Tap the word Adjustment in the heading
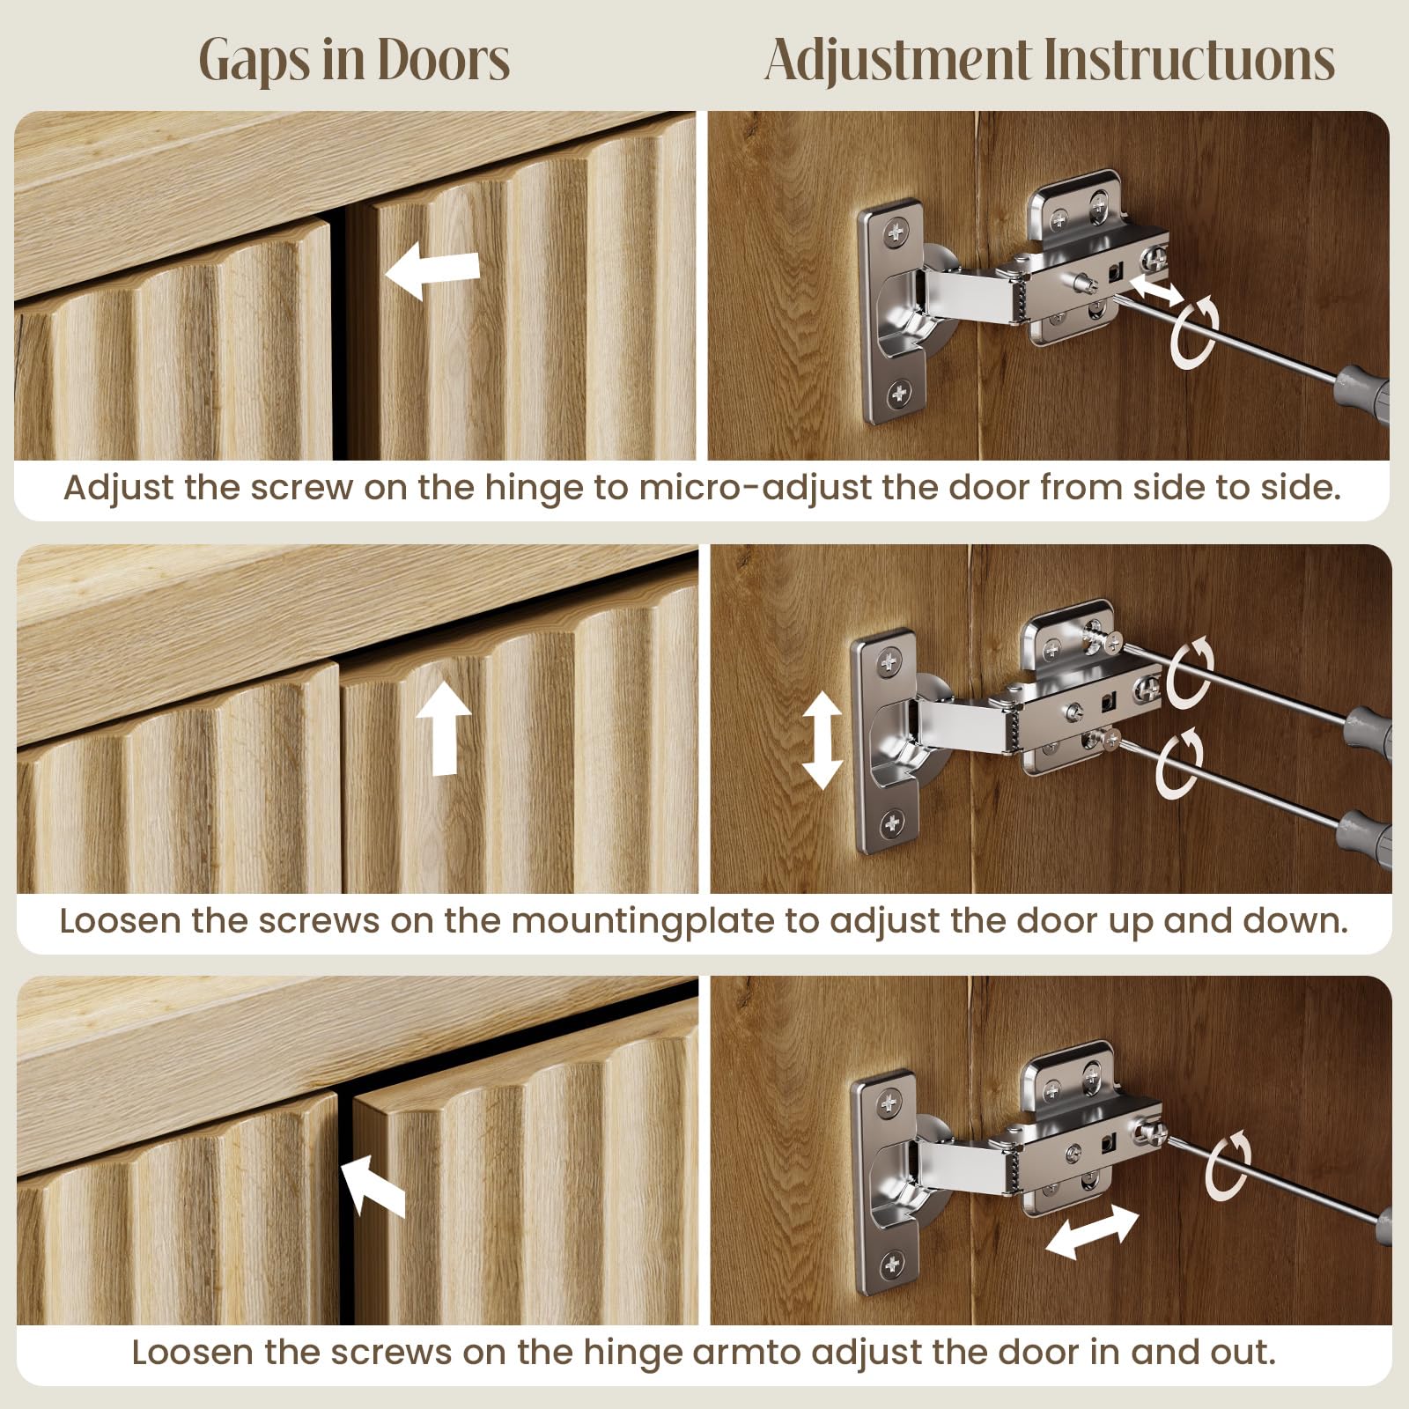point(897,60)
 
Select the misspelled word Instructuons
point(1189,60)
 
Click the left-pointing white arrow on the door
point(432,270)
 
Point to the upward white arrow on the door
point(445,729)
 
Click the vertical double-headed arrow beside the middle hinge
point(822,740)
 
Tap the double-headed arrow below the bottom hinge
point(1092,1231)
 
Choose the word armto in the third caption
point(747,1352)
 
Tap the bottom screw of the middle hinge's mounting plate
point(892,823)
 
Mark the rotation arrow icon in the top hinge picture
point(1195,332)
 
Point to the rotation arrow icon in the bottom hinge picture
point(1228,1167)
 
